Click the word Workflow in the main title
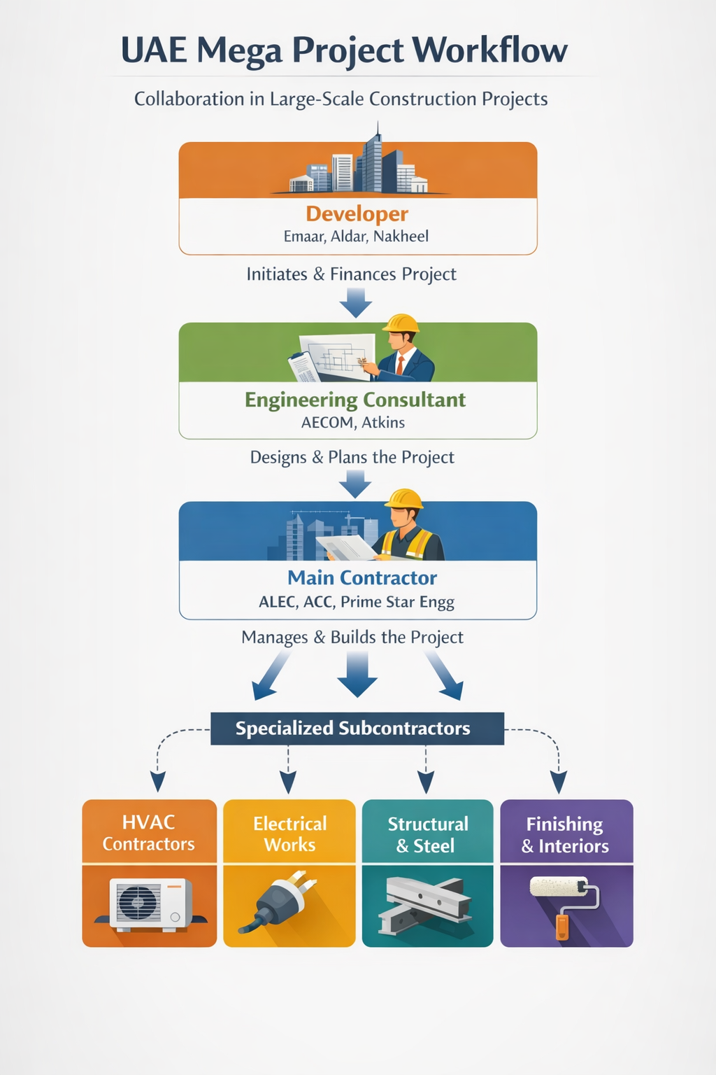pyautogui.click(x=489, y=50)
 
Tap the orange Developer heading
pyautogui.click(x=357, y=213)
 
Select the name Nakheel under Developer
pyautogui.click(x=401, y=237)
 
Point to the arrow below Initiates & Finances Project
pyautogui.click(x=356, y=302)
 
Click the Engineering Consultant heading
pyautogui.click(x=355, y=400)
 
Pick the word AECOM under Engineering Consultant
pyautogui.click(x=327, y=423)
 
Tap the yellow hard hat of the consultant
pyautogui.click(x=401, y=323)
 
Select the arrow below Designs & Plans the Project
pyautogui.click(x=356, y=484)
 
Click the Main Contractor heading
pyautogui.click(x=362, y=578)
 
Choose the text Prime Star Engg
pyautogui.click(x=397, y=602)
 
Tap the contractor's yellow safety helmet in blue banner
pyautogui.click(x=405, y=499)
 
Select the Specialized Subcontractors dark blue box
pyautogui.click(x=357, y=729)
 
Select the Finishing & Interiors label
pyautogui.click(x=566, y=835)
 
